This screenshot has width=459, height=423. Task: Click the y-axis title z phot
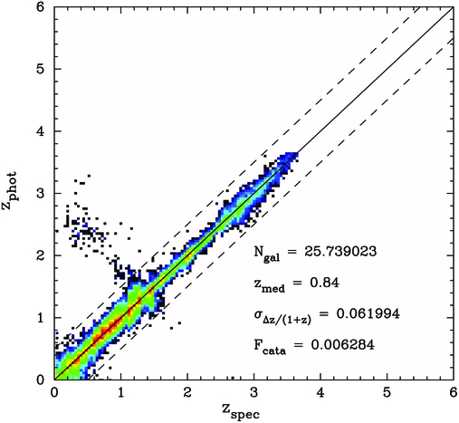point(11,192)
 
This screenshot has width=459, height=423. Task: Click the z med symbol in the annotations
point(270,284)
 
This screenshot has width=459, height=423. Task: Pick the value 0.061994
point(379,312)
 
